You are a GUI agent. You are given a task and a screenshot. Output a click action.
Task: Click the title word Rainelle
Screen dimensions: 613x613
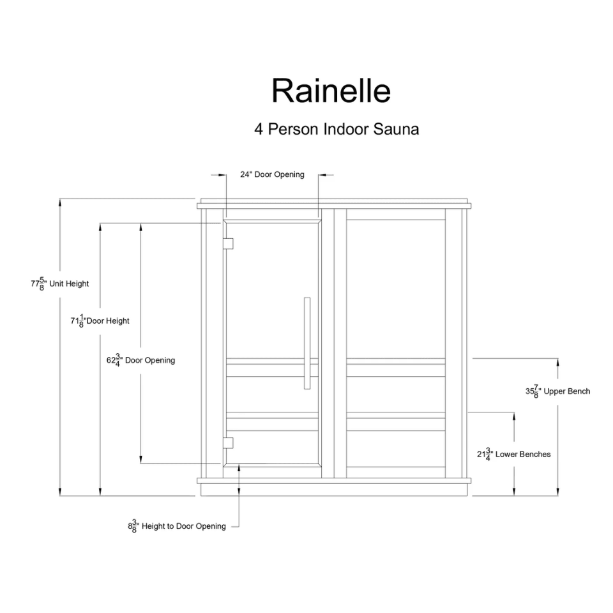pyautogui.click(x=331, y=91)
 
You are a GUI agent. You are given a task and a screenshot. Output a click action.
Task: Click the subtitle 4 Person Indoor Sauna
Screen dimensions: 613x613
pyautogui.click(x=337, y=129)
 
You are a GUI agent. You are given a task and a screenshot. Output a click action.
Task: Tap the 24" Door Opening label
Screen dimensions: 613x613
pyautogui.click(x=272, y=174)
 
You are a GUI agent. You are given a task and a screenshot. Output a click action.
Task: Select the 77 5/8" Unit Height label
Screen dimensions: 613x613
pyautogui.click(x=60, y=284)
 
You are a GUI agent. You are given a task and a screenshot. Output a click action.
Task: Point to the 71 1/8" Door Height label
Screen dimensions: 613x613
pyautogui.click(x=100, y=321)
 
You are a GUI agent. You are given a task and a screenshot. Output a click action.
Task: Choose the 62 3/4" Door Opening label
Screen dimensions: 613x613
pyautogui.click(x=140, y=360)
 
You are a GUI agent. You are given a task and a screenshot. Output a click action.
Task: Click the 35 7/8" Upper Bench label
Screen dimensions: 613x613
pyautogui.click(x=558, y=391)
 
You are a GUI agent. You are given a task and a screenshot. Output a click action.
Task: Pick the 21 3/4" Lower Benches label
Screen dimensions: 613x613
pyautogui.click(x=513, y=454)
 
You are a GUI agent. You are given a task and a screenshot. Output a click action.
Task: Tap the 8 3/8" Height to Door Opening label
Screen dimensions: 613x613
pyautogui.click(x=177, y=526)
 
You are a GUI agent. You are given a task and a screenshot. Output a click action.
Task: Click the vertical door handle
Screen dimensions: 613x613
pyautogui.click(x=307, y=344)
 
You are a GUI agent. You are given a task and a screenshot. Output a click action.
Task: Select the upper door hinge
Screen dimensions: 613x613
pyautogui.click(x=228, y=243)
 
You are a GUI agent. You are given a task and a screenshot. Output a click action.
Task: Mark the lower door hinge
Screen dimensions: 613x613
pyautogui.click(x=228, y=443)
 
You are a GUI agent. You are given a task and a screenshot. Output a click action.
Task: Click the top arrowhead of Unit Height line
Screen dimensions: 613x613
pyautogui.click(x=60, y=202)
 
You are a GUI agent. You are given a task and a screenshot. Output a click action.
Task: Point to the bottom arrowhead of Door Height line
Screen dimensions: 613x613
pyautogui.click(x=100, y=492)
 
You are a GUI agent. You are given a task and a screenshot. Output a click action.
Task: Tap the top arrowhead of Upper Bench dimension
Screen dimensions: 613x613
pyautogui.click(x=558, y=363)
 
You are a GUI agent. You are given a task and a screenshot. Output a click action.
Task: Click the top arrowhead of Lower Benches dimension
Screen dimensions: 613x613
pyautogui.click(x=514, y=416)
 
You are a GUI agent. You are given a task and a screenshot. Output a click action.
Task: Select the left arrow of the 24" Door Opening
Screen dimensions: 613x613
pyautogui.click(x=218, y=175)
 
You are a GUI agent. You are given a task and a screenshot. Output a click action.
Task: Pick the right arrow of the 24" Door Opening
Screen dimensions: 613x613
pyautogui.click(x=326, y=175)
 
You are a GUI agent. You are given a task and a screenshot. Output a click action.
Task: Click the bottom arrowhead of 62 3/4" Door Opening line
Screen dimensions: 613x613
pyautogui.click(x=140, y=460)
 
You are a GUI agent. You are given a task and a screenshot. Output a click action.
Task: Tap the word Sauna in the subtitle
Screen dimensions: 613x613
pyautogui.click(x=396, y=129)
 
